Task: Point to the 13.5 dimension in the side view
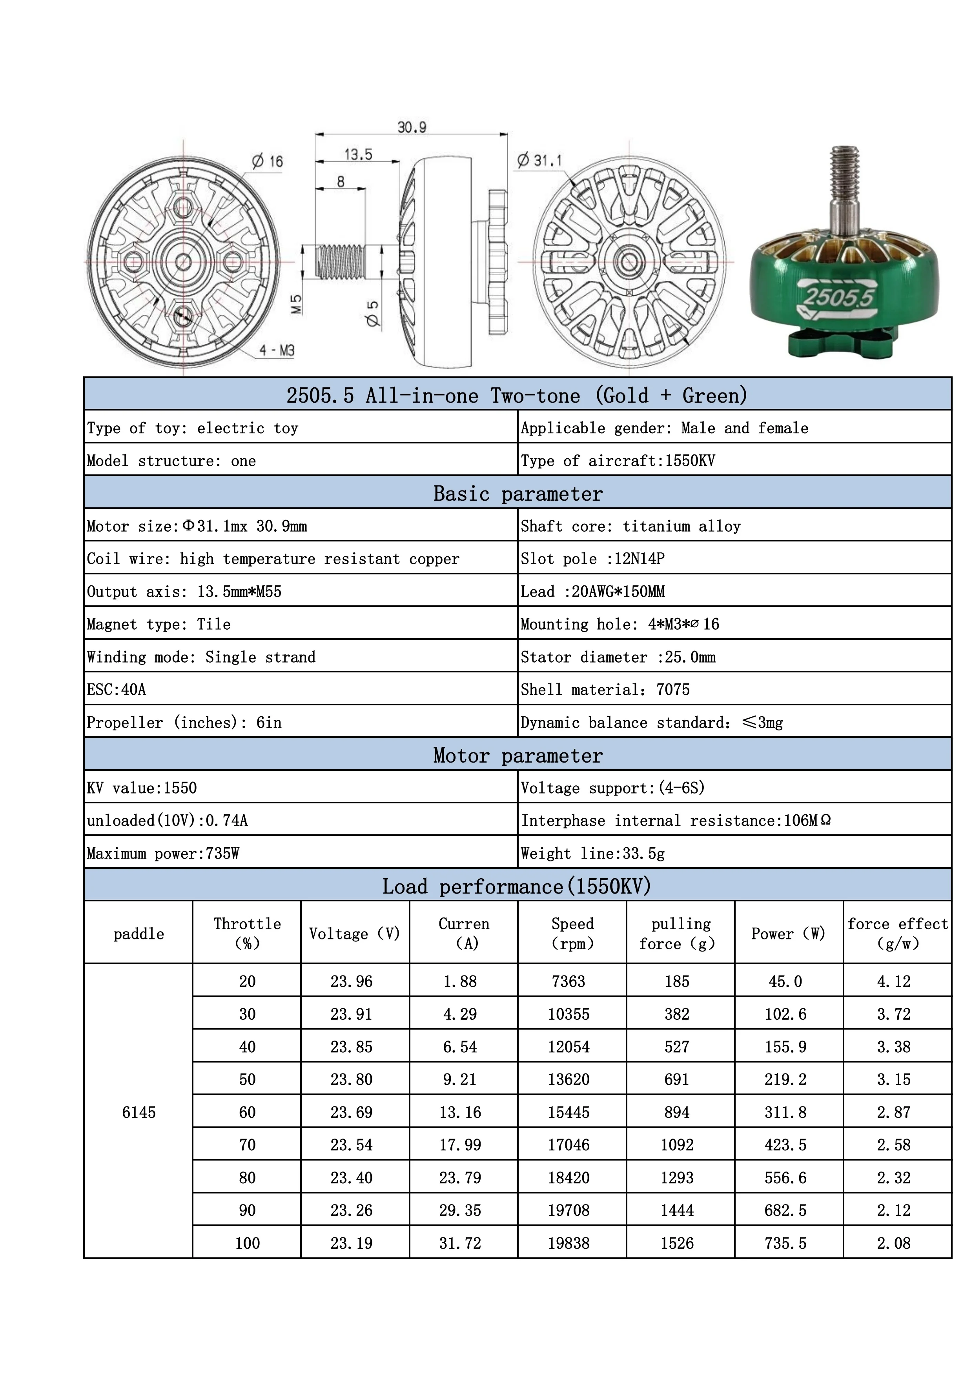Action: (x=358, y=154)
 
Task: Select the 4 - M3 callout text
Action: (x=277, y=351)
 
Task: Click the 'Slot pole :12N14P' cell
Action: (x=592, y=559)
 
